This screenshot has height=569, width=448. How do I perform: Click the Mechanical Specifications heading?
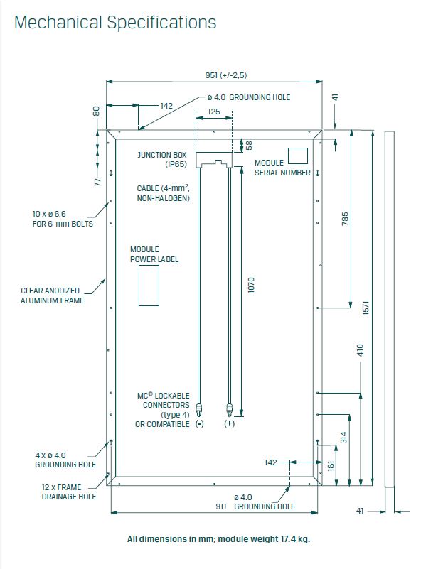pos(115,23)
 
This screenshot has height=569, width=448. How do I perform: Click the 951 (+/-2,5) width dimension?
pos(226,75)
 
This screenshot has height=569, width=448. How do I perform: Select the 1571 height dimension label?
pos(366,308)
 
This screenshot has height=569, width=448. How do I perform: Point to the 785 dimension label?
pos(345,219)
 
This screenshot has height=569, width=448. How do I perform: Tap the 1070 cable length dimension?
pos(251,285)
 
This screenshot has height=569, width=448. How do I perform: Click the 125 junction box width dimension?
pos(214,112)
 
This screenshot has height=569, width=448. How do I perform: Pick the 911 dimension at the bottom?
pos(221,506)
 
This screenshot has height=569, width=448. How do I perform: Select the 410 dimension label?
pos(360,350)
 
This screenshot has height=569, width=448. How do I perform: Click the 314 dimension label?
pos(343,438)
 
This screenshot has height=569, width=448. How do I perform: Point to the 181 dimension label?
pos(331,466)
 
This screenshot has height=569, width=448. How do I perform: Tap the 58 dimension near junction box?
pos(249,146)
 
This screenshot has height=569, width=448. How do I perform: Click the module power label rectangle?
pos(149,286)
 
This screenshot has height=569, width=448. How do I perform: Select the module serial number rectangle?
pos(298,156)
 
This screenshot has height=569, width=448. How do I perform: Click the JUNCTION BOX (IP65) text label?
pos(162,160)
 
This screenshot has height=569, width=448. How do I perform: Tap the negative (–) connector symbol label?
pos(200,423)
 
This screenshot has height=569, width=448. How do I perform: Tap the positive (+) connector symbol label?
pos(229,423)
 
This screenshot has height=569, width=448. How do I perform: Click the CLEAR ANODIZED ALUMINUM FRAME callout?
pos(52,296)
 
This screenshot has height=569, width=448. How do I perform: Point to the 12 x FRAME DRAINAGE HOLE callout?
pos(69,492)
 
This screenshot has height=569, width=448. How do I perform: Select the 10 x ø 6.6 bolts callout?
pos(63,219)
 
